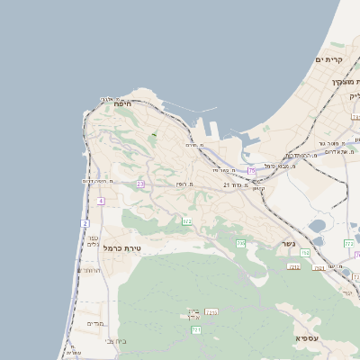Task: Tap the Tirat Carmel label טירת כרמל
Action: (122, 247)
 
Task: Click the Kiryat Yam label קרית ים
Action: (329, 59)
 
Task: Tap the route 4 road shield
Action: (101, 201)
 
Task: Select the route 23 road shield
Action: (140, 184)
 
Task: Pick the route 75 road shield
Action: (251, 169)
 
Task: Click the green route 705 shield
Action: (187, 220)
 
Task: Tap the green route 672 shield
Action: (240, 243)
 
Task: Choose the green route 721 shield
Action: (196, 330)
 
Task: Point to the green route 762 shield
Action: (306, 253)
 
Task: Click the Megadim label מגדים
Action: (95, 323)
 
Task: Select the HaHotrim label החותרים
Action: (89, 270)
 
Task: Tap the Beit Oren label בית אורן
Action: (193, 315)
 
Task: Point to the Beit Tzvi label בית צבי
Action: (116, 342)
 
